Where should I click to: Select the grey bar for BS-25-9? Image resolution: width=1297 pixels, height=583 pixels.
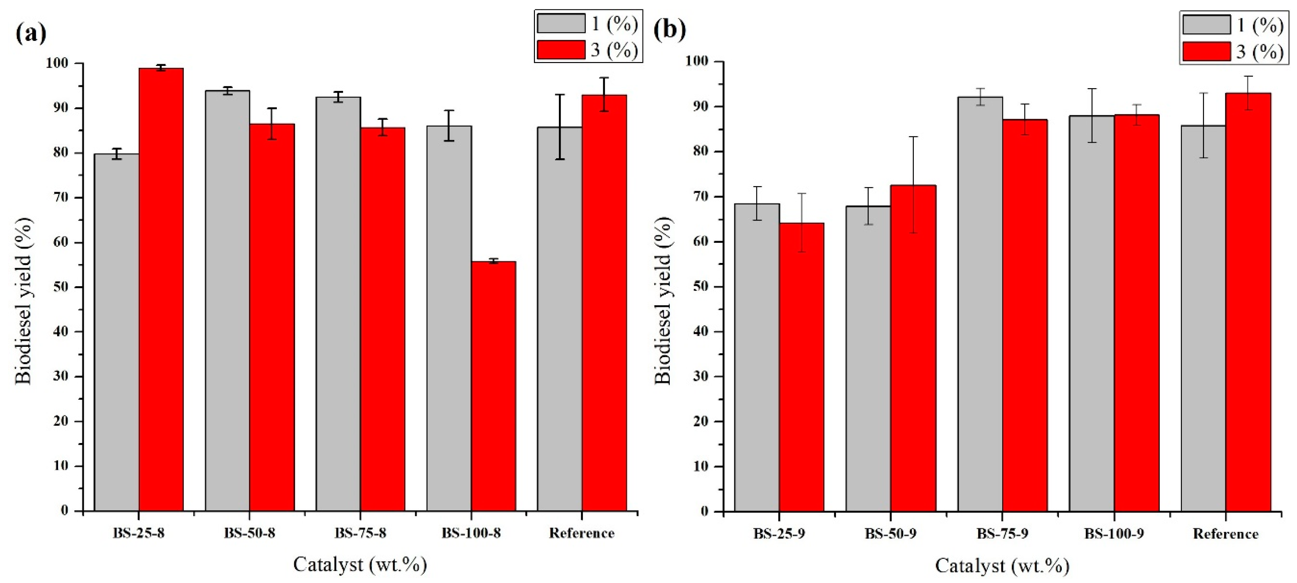point(757,357)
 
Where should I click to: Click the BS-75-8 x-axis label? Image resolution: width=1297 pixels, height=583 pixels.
point(361,533)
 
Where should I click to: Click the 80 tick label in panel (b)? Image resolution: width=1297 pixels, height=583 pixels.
point(700,151)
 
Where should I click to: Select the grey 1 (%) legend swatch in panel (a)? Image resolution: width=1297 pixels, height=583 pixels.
point(560,24)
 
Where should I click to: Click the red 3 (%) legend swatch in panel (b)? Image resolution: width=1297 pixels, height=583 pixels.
point(1206,52)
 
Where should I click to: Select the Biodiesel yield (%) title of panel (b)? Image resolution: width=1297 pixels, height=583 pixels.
point(663,301)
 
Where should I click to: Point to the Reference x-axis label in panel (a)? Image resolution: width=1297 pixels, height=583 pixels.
point(581,533)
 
